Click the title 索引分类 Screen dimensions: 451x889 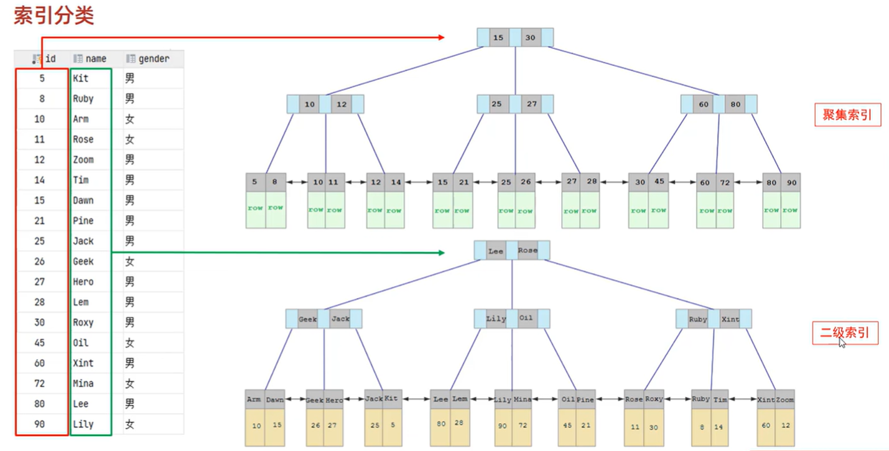(54, 15)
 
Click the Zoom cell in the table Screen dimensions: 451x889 (83, 160)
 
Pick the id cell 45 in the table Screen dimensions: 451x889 (40, 343)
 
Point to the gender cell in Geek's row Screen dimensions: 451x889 (129, 261)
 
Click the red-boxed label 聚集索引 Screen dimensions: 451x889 (847, 115)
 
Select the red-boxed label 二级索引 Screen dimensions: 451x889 (844, 333)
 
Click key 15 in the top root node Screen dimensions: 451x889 (498, 38)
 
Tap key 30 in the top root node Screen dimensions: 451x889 (530, 38)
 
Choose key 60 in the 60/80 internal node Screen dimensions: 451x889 (704, 105)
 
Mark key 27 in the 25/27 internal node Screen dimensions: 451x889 (531, 104)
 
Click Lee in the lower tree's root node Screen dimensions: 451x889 (496, 251)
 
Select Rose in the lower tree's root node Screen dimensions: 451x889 (528, 251)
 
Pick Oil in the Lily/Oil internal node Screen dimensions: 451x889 (526, 318)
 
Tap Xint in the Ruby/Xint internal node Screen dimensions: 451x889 (730, 319)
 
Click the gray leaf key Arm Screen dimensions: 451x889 (254, 400)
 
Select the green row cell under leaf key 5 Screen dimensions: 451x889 (255, 210)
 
